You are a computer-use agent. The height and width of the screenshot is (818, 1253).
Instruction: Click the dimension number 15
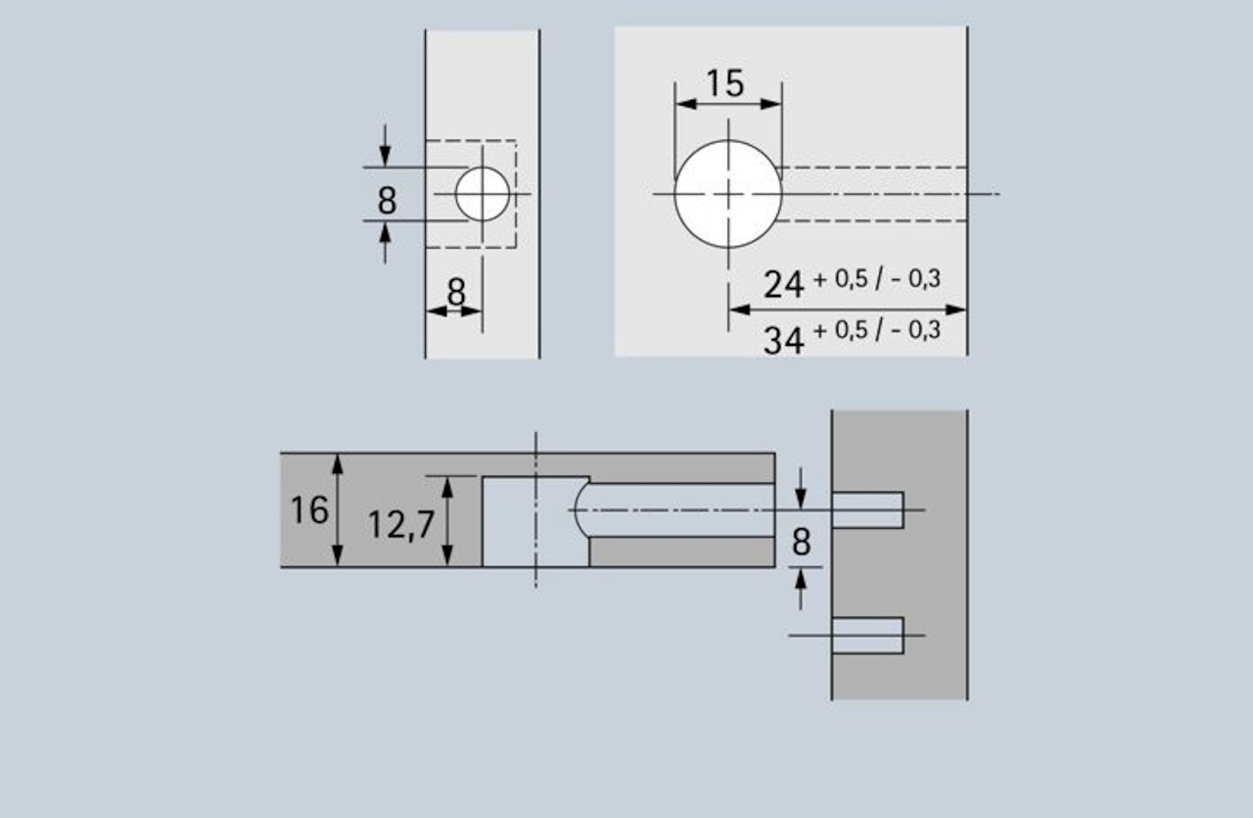(x=725, y=83)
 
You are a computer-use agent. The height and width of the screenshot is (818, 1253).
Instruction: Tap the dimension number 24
(x=784, y=284)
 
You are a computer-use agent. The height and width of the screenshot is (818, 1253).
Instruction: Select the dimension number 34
(x=784, y=339)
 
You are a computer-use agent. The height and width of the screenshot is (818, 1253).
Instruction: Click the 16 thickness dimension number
(x=309, y=510)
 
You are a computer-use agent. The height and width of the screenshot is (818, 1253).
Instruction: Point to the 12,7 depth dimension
(x=401, y=525)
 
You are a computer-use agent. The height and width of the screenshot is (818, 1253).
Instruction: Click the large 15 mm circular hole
(x=727, y=194)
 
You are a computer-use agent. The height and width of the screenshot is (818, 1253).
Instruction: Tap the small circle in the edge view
(x=483, y=194)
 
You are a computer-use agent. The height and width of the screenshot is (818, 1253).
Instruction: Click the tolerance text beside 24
(x=876, y=279)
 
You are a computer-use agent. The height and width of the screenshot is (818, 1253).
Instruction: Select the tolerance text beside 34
(x=876, y=330)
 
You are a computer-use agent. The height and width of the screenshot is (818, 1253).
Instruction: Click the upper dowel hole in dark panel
(x=867, y=510)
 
